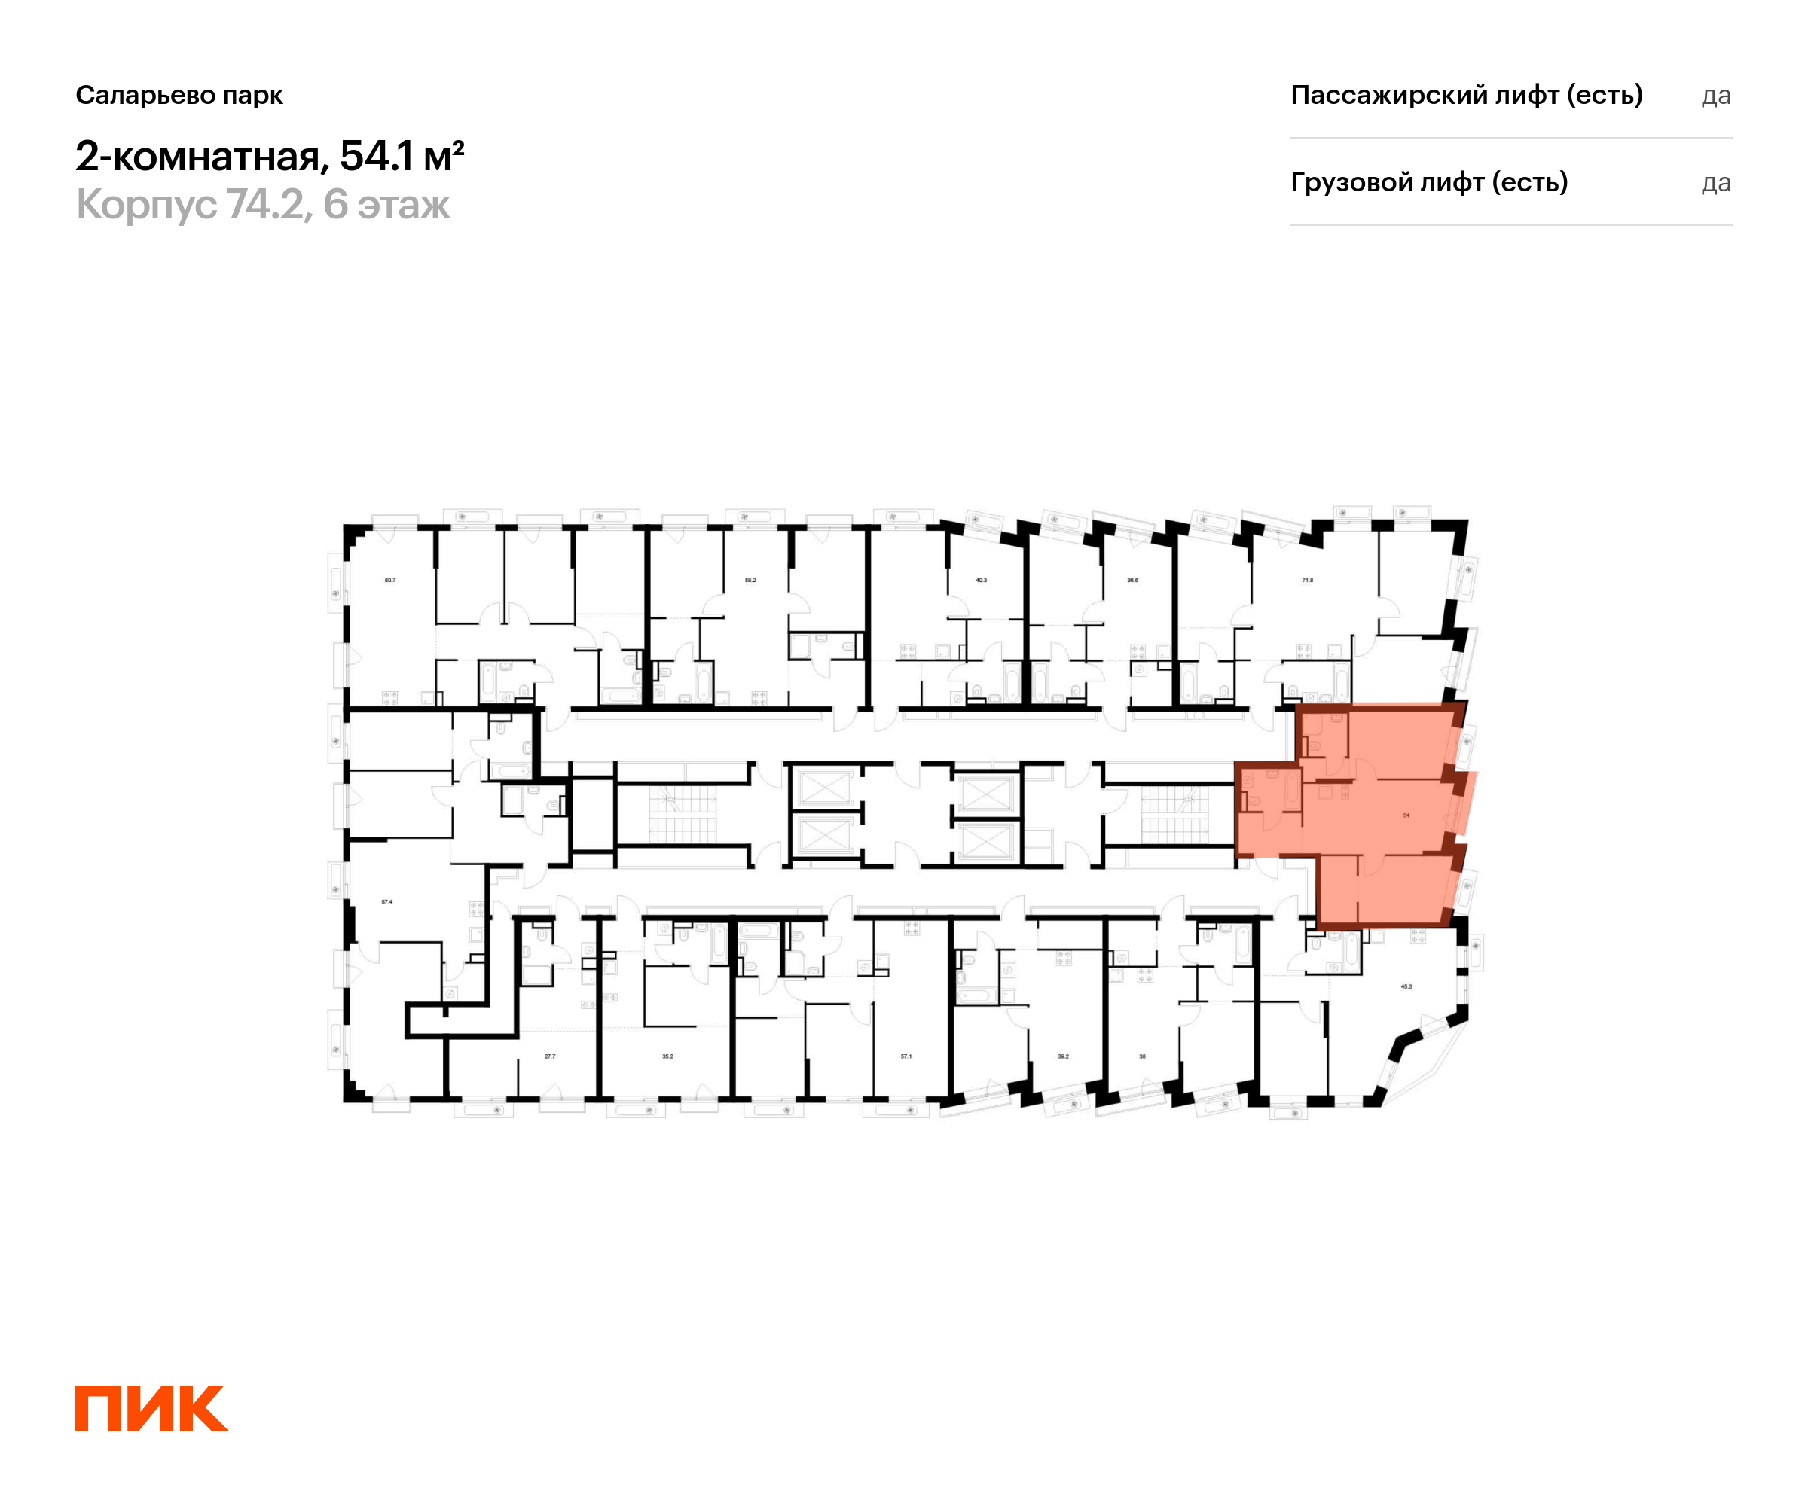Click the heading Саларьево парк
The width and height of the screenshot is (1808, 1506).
coord(179,96)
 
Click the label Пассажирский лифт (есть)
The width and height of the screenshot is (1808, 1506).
coord(1466,95)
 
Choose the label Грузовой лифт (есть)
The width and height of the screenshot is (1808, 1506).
coord(1428,182)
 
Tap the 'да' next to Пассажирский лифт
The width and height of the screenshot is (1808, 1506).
coord(1716,96)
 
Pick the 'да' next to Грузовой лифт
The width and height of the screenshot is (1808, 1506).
coord(1716,183)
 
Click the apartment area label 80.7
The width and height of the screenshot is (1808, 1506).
coord(390,580)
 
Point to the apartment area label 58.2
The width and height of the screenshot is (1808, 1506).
coord(750,580)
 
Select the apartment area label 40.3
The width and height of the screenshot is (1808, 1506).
coord(981,580)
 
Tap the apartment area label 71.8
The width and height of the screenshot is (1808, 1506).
coord(1307,580)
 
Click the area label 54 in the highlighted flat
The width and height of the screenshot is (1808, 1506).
coord(1406,815)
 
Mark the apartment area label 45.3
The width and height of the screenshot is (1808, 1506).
coord(1406,986)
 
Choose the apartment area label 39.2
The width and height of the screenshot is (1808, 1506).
coord(1062,1056)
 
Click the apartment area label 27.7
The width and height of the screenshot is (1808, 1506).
coord(549,1056)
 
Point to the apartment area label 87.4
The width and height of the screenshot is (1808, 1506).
coord(386,902)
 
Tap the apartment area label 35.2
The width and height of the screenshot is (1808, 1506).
coord(667,1056)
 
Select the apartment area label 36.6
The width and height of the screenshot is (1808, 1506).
coord(1132,580)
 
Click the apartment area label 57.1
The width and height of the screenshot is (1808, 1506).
coord(906,1056)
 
